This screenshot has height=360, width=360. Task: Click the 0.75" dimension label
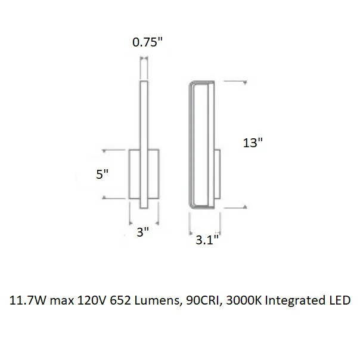click(x=147, y=42)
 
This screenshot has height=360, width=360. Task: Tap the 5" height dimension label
click(x=102, y=174)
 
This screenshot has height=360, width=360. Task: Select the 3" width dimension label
click(x=143, y=232)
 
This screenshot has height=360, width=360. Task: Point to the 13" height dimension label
click(x=253, y=143)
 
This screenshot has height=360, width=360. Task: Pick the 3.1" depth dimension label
click(x=207, y=240)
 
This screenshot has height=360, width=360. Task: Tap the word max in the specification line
click(x=62, y=301)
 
